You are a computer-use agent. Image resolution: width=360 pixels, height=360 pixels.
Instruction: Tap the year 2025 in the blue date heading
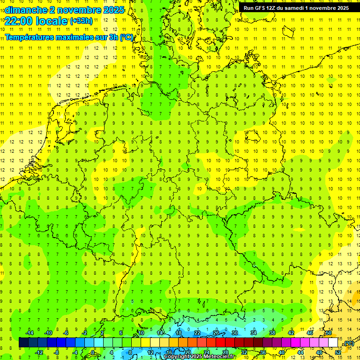click(113, 9)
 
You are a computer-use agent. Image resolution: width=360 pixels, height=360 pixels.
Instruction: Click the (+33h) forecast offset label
click(81, 21)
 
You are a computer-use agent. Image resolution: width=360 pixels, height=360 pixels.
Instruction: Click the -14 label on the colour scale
click(30, 333)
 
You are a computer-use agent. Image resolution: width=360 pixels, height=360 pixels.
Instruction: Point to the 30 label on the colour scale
click(234, 333)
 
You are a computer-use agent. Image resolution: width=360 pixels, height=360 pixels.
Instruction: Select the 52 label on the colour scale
click(337, 352)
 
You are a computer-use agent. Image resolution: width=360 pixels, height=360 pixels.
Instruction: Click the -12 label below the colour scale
click(39, 352)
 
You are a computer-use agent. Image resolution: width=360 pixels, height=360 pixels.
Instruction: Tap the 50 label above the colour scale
click(328, 333)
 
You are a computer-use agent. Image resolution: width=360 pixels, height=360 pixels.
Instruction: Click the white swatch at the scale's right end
click(333, 343)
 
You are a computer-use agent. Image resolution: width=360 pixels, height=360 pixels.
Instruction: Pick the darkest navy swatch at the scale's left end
click(23, 343)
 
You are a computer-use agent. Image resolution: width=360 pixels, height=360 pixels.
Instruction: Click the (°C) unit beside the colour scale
click(348, 343)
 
